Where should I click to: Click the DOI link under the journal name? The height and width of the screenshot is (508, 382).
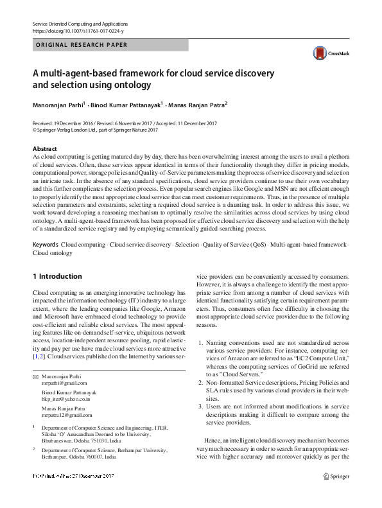tap(77, 31)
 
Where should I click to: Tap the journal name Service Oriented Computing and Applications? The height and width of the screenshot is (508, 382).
tap(85, 23)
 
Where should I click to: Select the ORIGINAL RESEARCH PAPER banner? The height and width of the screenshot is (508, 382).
tap(80, 45)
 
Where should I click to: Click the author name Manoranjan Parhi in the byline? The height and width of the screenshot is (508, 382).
tap(60, 105)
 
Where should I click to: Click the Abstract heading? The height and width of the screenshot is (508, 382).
tap(45, 148)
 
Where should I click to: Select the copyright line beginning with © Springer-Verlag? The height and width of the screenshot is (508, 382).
tap(85, 129)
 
